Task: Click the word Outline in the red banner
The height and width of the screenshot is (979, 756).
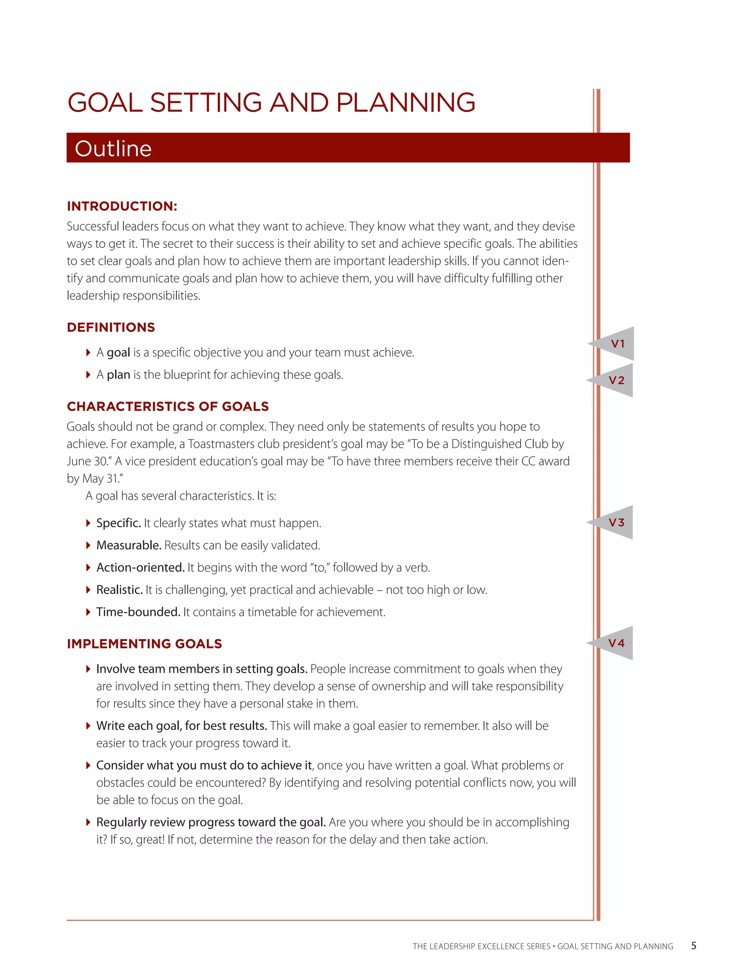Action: [x=113, y=149]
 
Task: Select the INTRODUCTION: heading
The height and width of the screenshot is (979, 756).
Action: [x=122, y=206]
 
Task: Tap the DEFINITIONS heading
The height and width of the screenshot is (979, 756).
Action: [x=111, y=327]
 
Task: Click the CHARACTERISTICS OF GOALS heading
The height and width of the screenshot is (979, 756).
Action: [x=168, y=407]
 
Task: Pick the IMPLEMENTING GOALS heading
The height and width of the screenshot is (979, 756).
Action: [x=144, y=644]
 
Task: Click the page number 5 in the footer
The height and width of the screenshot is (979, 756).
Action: [x=693, y=946]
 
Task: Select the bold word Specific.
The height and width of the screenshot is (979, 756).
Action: [x=119, y=523]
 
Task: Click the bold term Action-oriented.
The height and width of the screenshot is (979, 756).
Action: [x=140, y=567]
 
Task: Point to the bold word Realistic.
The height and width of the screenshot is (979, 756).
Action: [x=120, y=590]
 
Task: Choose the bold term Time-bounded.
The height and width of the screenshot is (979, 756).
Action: [x=138, y=612]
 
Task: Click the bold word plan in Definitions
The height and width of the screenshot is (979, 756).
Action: [x=118, y=375]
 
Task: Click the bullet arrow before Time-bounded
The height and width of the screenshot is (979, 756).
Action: [x=88, y=612]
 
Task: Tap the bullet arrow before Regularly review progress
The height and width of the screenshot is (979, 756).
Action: [x=88, y=822]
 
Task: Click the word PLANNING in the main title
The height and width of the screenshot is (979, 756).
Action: [x=405, y=103]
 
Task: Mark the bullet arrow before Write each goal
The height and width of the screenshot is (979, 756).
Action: [x=88, y=726]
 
